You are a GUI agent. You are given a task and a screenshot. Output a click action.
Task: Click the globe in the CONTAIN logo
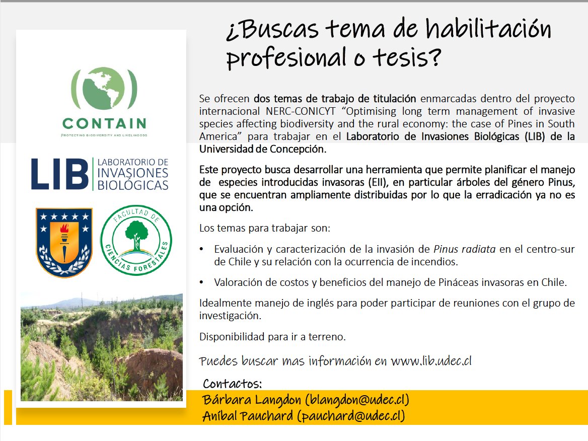[x=104, y=89]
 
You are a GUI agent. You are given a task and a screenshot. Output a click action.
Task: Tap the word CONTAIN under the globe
[x=104, y=123]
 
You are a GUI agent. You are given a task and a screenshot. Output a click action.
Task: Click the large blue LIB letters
[x=59, y=174]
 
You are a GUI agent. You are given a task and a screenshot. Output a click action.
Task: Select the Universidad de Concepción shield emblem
[x=64, y=242]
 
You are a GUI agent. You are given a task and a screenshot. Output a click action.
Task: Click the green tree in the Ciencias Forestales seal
[x=136, y=235]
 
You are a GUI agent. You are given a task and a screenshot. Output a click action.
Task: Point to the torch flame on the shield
[x=64, y=229]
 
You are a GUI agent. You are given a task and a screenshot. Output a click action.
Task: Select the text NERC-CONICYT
[x=301, y=111]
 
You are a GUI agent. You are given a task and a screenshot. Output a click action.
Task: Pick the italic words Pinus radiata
[x=465, y=249]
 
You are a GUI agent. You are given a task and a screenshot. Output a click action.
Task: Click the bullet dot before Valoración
[x=202, y=282]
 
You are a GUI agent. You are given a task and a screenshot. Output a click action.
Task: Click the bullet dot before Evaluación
[x=202, y=249]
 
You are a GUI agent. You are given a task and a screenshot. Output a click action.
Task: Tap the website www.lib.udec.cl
[x=431, y=361]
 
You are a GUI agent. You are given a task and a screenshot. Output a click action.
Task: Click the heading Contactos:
[x=233, y=384]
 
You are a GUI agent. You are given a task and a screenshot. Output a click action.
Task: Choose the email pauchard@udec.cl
[x=351, y=416]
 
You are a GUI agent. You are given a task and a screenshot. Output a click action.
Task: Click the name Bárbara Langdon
[x=252, y=400]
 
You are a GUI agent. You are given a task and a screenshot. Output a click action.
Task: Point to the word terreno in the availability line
[x=326, y=337]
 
